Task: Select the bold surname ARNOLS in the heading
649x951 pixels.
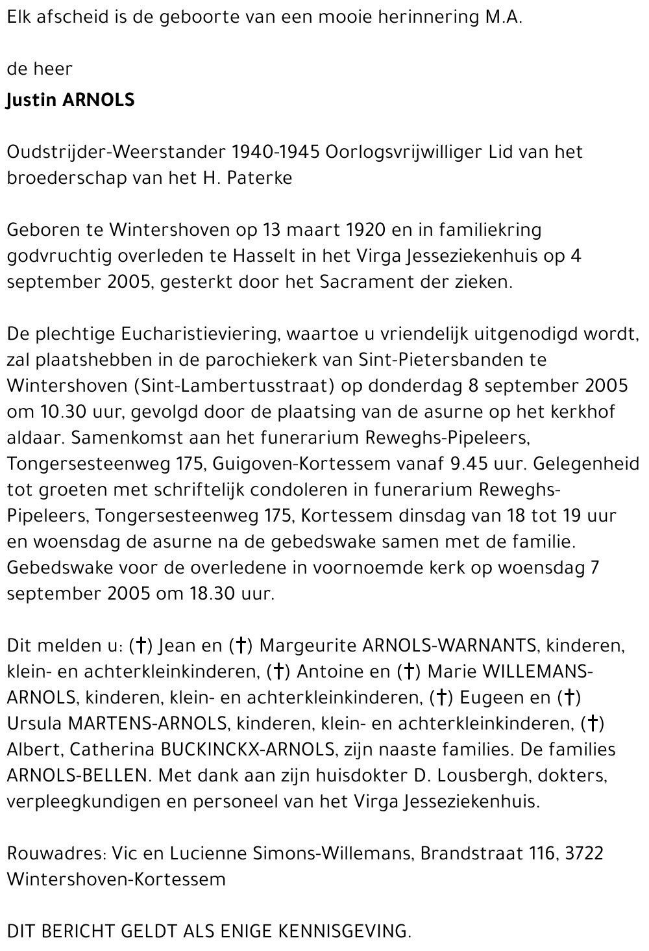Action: (x=98, y=100)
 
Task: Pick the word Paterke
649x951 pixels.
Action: (x=260, y=178)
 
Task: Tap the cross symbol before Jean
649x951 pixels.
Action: (x=140, y=646)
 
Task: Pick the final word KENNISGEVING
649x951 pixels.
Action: (x=344, y=932)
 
